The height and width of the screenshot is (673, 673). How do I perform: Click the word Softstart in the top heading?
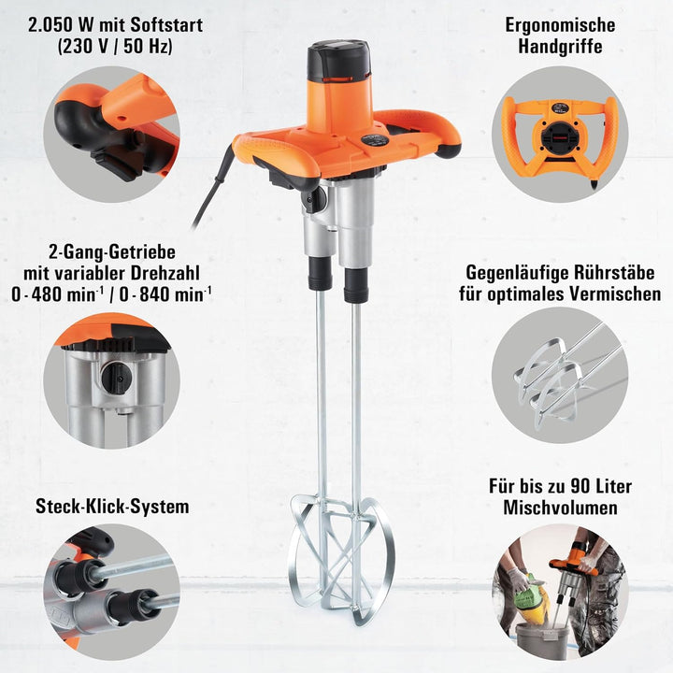point(166,25)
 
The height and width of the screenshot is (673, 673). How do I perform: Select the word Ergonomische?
point(560,25)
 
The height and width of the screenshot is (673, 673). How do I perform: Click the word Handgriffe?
point(560,47)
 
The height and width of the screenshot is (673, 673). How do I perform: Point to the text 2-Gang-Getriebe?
point(112,252)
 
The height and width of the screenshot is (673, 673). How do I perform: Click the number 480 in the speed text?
point(48,294)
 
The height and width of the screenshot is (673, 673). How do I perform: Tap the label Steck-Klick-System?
point(112,507)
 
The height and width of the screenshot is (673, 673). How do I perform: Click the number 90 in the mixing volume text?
point(580,487)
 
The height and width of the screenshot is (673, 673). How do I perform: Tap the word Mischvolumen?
point(560,508)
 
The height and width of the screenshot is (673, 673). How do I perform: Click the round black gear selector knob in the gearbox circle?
point(113,378)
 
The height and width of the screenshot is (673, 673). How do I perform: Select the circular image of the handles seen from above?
point(560,135)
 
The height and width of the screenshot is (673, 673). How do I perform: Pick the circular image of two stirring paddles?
point(560,375)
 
